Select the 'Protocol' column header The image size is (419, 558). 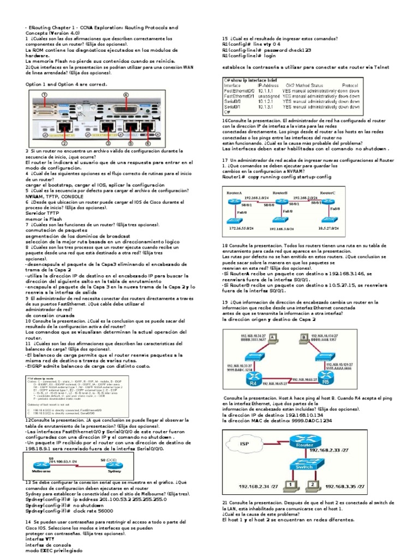click(350, 86)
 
